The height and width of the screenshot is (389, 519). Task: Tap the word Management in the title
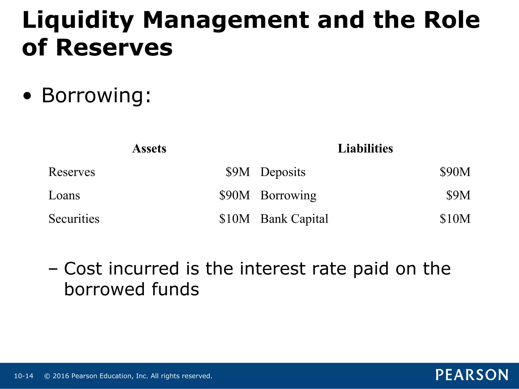(226, 21)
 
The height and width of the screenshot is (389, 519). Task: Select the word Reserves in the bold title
(114, 48)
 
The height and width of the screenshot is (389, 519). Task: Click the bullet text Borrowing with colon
(96, 95)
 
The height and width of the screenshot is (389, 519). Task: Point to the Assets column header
(149, 148)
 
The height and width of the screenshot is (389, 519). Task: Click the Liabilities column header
(365, 148)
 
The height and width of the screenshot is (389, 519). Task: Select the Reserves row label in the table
(72, 172)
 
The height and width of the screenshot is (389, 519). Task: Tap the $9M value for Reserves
(238, 172)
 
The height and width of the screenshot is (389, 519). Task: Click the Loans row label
(64, 195)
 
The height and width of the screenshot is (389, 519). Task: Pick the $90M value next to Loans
(234, 195)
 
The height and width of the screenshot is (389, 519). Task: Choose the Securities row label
(74, 219)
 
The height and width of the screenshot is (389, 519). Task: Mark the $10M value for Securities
(234, 219)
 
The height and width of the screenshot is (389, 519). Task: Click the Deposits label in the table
(283, 172)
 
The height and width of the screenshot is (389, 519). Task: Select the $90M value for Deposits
(455, 172)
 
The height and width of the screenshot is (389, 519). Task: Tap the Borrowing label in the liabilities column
(288, 196)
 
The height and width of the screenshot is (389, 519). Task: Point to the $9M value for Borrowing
(458, 195)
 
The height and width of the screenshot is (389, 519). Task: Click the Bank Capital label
(294, 219)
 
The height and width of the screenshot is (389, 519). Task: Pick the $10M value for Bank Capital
(455, 219)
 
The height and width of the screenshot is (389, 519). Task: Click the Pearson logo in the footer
(472, 375)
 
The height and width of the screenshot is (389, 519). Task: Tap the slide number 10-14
(24, 376)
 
